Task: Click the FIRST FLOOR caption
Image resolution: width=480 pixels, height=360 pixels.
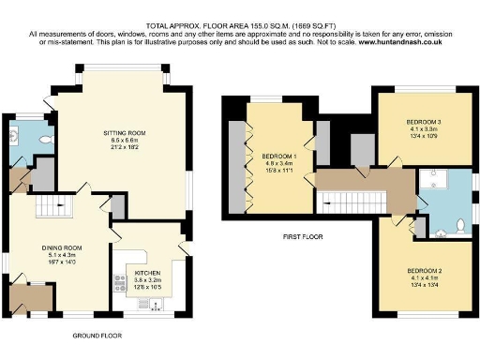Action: (x=302, y=237)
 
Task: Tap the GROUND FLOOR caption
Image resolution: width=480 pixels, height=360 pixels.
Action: (x=97, y=335)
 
